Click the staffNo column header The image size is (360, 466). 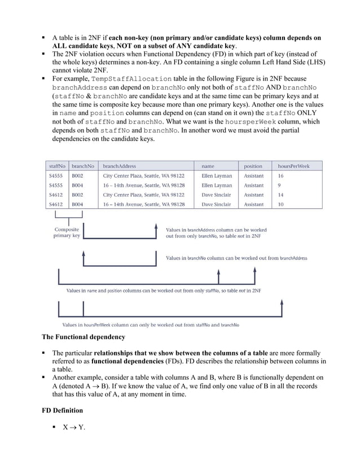point(57,166)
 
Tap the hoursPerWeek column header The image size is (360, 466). point(293,166)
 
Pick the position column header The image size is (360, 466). point(253,166)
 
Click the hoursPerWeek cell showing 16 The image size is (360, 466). point(281,175)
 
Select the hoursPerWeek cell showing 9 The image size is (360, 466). point(280,185)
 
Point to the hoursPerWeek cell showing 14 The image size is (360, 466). point(281,195)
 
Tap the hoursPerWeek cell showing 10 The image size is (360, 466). point(281,204)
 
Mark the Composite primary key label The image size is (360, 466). point(67,232)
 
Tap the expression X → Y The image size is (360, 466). point(69,427)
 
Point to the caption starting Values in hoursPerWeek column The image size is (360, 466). point(150,325)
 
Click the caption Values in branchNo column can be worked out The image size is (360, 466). point(236,258)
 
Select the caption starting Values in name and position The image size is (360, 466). point(164,291)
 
